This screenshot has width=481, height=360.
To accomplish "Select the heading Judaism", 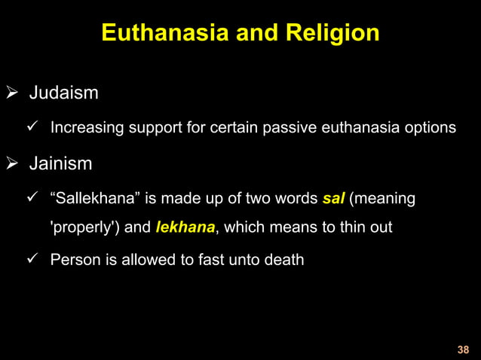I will pyautogui.click(x=63, y=94).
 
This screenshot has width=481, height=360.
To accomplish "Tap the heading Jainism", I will pyautogui.click(x=61, y=163).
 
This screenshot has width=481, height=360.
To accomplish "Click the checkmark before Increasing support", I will pyautogui.click(x=32, y=127).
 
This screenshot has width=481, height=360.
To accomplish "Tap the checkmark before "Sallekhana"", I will pyautogui.click(x=32, y=197).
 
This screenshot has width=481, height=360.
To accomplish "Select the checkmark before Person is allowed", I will pyautogui.click(x=32, y=260).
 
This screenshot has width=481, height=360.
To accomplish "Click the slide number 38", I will pyautogui.click(x=463, y=349).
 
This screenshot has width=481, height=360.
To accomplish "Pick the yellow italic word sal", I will pyautogui.click(x=332, y=198).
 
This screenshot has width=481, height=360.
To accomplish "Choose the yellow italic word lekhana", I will pyautogui.click(x=185, y=227).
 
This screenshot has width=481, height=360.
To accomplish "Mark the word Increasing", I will pyautogui.click(x=85, y=128).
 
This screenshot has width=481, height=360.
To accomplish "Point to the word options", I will pyautogui.click(x=429, y=128).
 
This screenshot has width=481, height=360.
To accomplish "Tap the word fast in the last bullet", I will pyautogui.click(x=201, y=261).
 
